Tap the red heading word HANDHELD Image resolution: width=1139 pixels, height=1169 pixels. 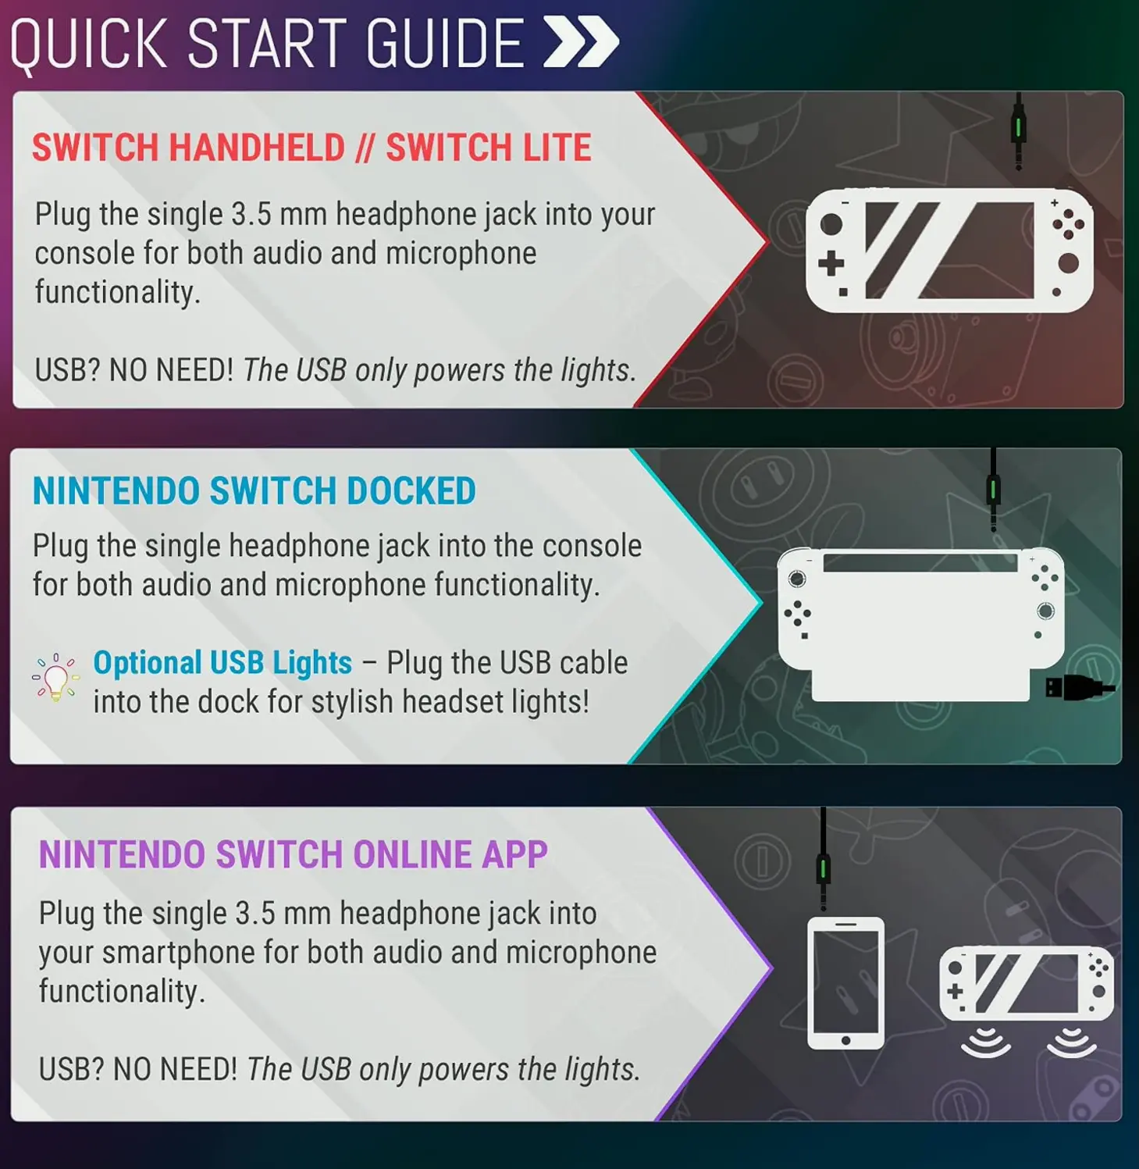pyautogui.click(x=257, y=148)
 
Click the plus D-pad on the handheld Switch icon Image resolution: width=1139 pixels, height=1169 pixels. pyautogui.click(x=831, y=263)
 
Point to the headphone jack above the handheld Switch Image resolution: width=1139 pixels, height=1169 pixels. pyautogui.click(x=1018, y=133)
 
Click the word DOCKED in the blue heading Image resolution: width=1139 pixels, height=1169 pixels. pyautogui.click(x=411, y=491)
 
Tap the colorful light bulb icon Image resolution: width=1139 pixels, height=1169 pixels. pyautogui.click(x=55, y=677)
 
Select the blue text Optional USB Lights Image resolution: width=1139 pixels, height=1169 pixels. pyautogui.click(x=222, y=663)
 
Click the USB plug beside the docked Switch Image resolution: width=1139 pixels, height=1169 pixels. pyautogui.click(x=1077, y=688)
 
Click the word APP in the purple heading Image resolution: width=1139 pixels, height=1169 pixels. pyautogui.click(x=514, y=854)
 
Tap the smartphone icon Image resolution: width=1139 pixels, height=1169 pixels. pyautogui.click(x=845, y=983)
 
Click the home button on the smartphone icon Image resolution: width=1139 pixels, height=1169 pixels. pyautogui.click(x=845, y=1040)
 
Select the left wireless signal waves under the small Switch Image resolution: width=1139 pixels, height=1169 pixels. pyautogui.click(x=986, y=1042)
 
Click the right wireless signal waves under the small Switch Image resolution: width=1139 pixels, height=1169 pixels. pyautogui.click(x=1071, y=1042)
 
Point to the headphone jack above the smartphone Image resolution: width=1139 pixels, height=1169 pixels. pyautogui.click(x=823, y=871)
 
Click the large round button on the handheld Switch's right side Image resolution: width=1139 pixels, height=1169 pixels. pyautogui.click(x=1068, y=263)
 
